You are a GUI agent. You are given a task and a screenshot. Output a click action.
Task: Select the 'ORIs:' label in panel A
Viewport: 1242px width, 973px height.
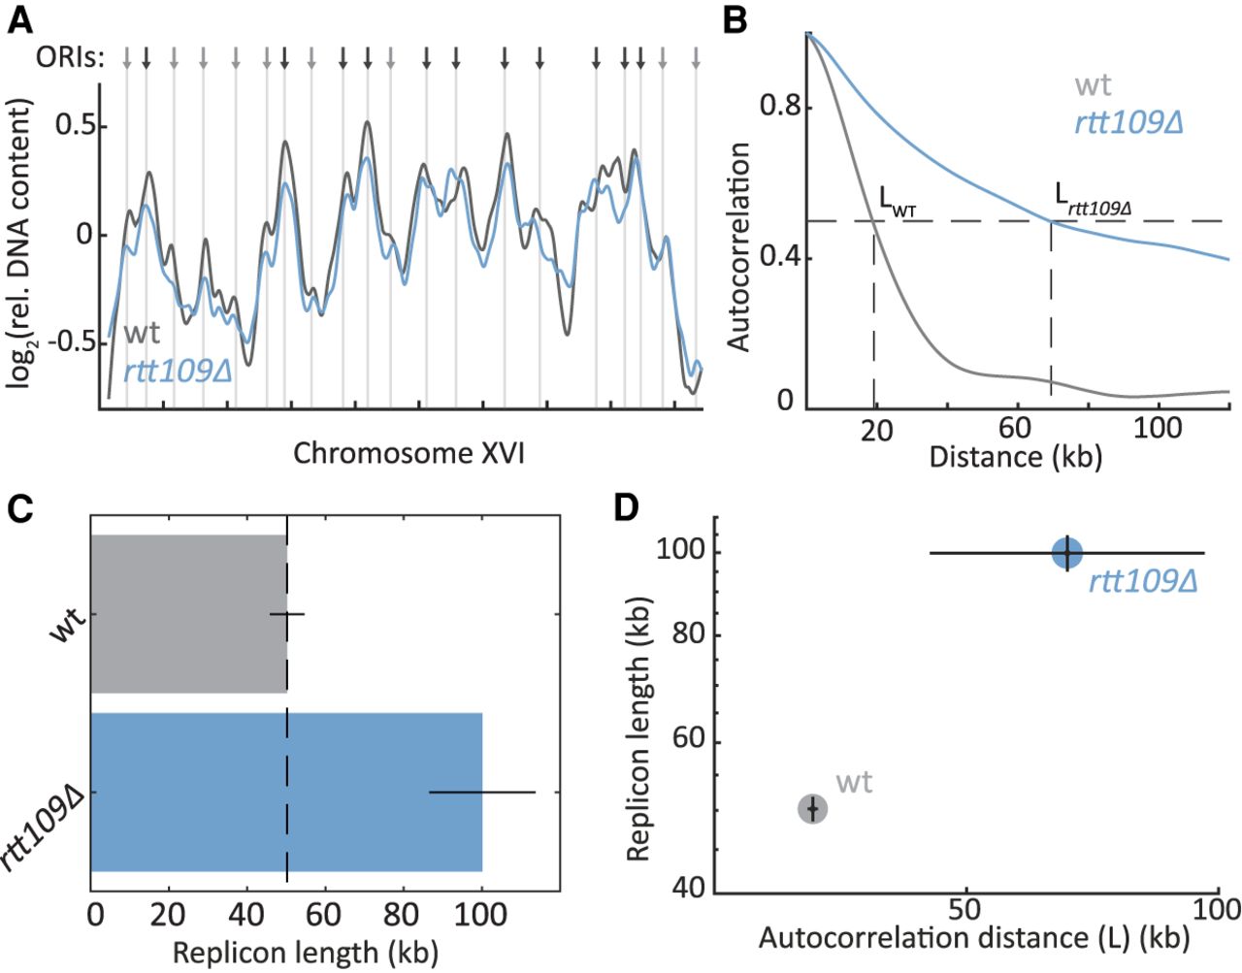(x=69, y=57)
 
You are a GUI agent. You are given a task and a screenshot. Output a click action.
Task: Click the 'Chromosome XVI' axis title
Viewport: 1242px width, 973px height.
(x=409, y=453)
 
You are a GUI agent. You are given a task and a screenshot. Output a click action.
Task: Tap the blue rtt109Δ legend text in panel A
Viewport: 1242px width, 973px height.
(x=177, y=370)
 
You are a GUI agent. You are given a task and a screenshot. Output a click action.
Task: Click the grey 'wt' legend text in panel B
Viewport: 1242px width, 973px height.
(x=1093, y=85)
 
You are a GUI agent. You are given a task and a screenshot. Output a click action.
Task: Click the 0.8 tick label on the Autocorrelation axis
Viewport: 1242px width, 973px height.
(x=780, y=105)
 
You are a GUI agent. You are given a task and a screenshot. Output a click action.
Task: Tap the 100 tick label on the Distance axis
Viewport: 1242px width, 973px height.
(x=1157, y=428)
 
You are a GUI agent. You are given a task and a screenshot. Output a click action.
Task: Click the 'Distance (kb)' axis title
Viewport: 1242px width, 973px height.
(x=1015, y=456)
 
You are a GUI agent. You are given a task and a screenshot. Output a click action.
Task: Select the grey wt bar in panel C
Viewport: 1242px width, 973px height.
(x=188, y=613)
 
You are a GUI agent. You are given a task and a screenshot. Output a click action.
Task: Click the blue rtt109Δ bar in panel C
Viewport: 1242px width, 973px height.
(x=286, y=792)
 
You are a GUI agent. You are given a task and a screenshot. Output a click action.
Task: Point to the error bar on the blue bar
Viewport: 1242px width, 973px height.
(x=482, y=792)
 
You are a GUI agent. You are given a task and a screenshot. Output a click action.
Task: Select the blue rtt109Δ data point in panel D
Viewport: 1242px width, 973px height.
(x=1067, y=553)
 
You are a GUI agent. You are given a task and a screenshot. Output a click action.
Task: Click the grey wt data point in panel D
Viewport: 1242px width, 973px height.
(x=813, y=808)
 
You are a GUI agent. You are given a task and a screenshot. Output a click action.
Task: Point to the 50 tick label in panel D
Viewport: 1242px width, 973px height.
(x=964, y=909)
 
